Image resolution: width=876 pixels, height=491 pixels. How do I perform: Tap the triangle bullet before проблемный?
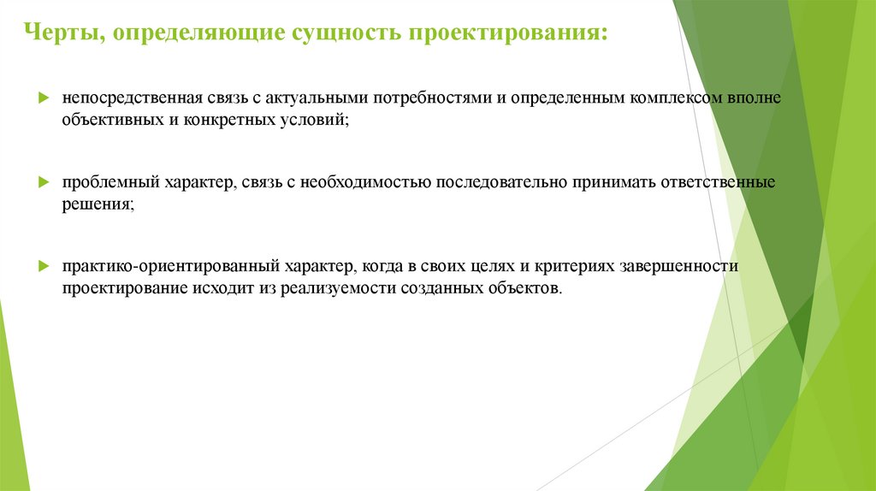(44, 182)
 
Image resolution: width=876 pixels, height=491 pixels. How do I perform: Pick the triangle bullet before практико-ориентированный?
(44, 266)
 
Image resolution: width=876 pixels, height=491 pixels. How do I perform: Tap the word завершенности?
(684, 266)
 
